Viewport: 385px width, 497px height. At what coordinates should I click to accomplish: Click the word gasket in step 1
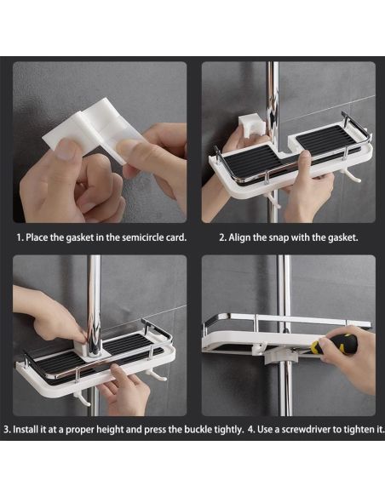coord(79,237)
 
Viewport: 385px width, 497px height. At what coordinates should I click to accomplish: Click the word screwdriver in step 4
coord(306,430)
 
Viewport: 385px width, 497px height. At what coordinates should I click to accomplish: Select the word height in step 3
coord(110,430)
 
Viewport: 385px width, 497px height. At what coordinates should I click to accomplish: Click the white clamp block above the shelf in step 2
coord(251,127)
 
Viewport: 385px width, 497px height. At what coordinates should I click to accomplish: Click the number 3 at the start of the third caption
coord(7,430)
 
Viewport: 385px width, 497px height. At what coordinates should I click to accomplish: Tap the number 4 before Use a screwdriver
coord(251,430)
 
